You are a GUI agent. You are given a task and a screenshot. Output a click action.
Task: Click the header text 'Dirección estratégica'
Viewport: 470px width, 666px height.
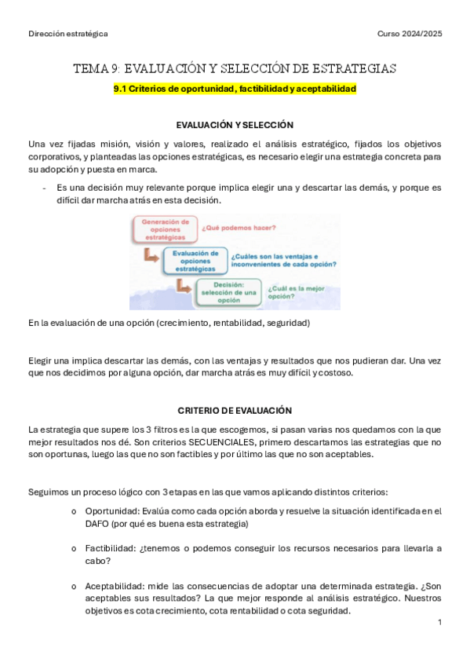click(67, 34)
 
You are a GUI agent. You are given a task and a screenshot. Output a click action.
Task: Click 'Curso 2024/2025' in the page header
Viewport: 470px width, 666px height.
click(409, 34)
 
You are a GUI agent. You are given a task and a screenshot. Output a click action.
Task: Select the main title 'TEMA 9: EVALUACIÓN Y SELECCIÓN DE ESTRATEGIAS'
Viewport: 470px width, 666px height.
click(235, 69)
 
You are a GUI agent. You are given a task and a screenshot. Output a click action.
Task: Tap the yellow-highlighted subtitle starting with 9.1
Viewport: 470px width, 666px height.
click(235, 90)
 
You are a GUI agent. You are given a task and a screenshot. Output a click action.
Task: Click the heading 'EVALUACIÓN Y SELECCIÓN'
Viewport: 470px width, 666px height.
click(235, 125)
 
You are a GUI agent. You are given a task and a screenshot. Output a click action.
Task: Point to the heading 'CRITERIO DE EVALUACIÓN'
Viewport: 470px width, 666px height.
click(235, 411)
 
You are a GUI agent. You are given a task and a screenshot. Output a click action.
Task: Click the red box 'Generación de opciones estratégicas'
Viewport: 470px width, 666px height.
click(166, 229)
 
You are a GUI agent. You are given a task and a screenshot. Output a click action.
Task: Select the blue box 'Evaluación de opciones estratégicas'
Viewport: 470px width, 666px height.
click(195, 260)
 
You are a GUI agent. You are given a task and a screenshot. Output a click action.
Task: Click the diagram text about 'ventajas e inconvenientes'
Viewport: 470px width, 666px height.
click(274, 260)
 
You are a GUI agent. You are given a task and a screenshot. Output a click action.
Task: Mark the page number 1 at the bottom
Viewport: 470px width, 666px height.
click(439, 622)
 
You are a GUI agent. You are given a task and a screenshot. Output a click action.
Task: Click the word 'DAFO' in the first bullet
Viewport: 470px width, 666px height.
click(97, 523)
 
